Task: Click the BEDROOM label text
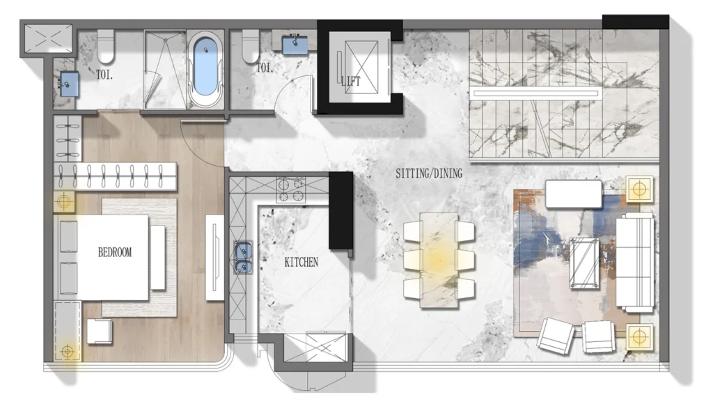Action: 114,252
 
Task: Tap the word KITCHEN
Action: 301,263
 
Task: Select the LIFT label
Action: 352,81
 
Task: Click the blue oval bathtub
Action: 205,66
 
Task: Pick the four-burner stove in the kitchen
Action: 291,189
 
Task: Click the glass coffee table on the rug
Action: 583,263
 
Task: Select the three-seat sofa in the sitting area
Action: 635,262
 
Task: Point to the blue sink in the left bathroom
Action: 68,84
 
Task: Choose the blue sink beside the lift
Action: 295,44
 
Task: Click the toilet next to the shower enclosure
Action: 107,46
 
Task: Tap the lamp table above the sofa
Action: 639,188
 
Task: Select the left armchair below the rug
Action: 556,336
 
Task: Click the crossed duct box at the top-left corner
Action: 48,38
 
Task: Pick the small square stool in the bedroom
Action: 100,331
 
